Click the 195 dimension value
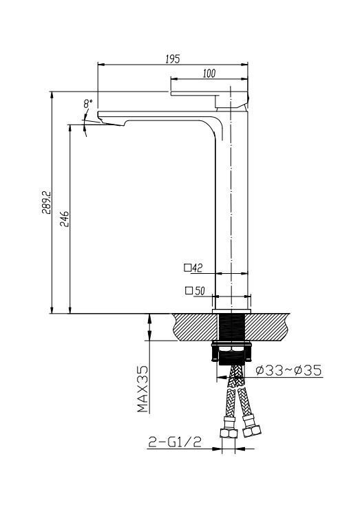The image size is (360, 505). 173,59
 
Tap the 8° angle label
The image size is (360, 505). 87,104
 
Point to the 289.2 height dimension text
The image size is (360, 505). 45,204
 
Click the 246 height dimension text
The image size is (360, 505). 64,219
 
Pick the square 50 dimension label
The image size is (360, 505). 195,290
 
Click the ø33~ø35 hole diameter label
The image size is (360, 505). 288,372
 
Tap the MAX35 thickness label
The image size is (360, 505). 142,389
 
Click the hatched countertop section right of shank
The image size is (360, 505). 272,326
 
